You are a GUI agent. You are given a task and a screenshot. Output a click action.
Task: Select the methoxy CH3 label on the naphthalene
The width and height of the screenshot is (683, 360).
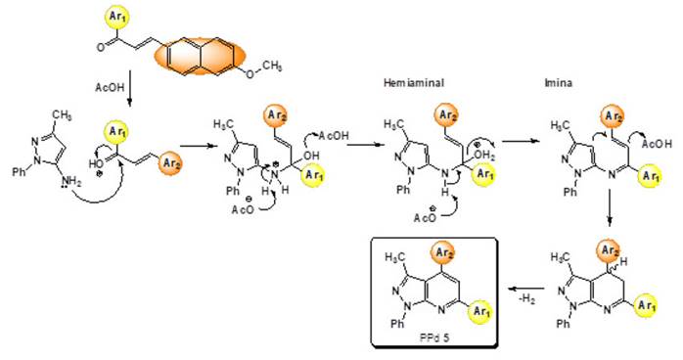(272, 66)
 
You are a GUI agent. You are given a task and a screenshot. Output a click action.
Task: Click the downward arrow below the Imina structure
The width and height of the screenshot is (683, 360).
(609, 216)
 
